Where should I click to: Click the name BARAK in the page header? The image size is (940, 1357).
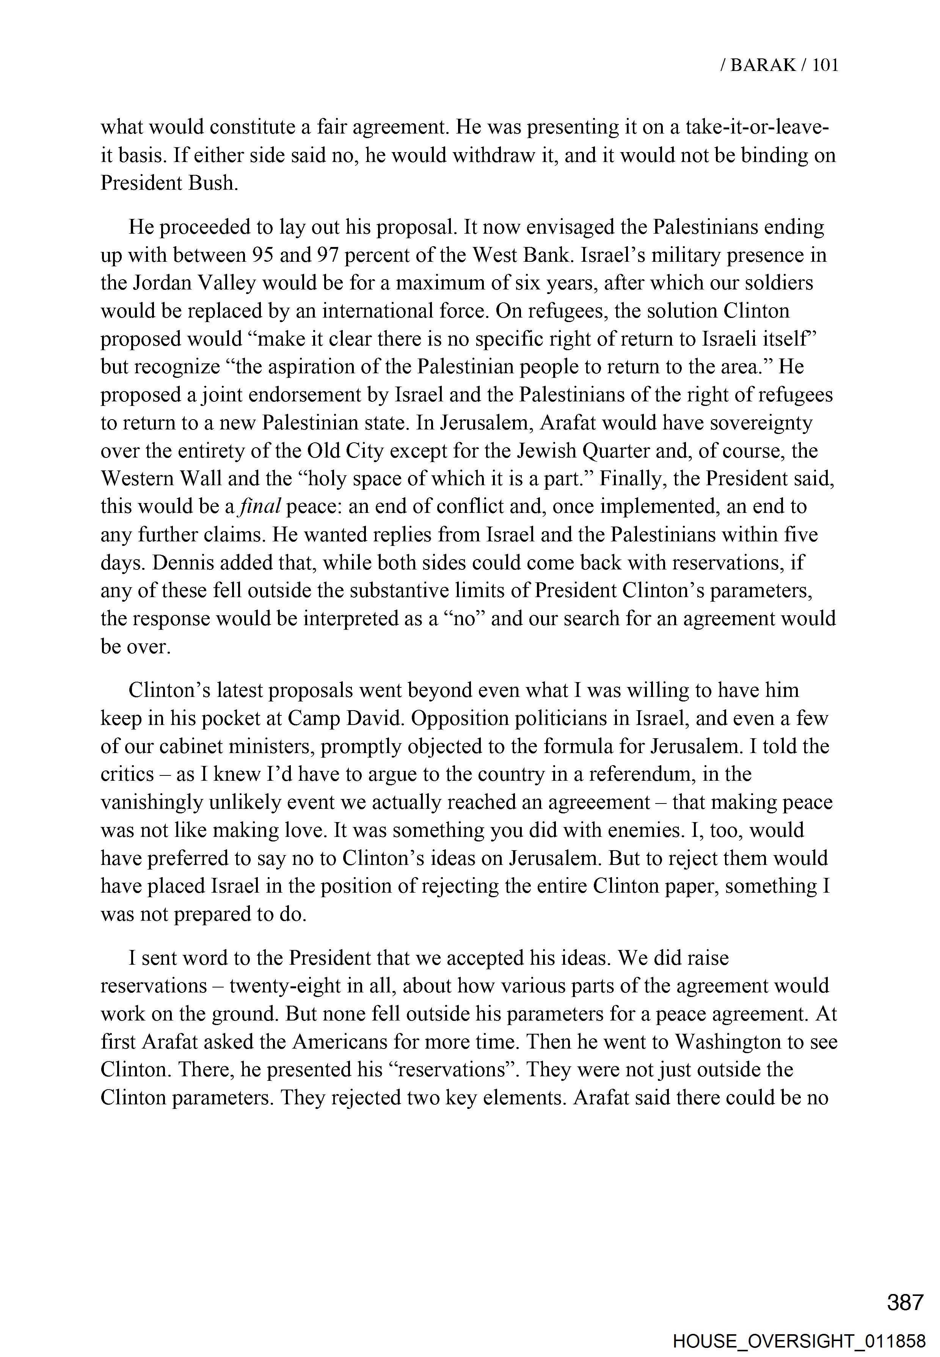coord(763,65)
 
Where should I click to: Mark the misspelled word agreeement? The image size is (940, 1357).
coord(598,802)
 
